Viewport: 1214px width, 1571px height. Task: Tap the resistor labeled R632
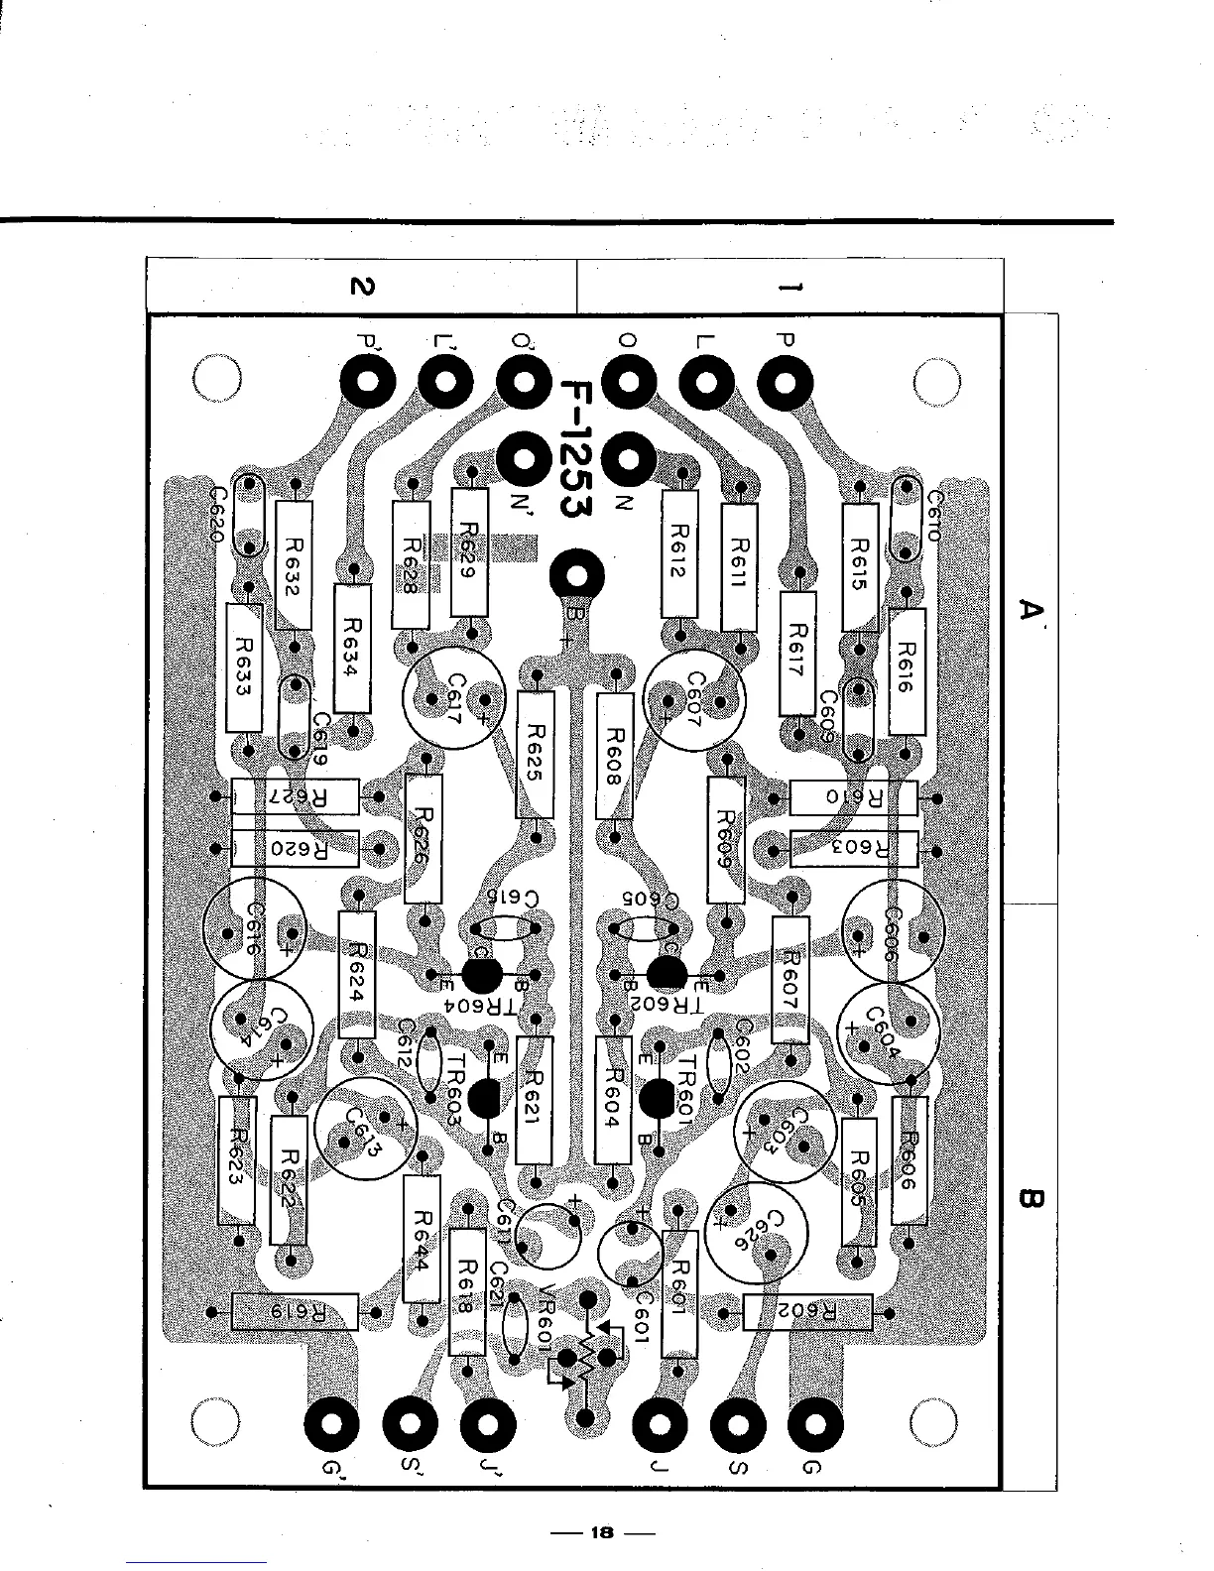(x=293, y=565)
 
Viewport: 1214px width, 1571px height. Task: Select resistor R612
(x=680, y=554)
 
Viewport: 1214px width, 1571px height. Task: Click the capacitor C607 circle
(x=693, y=695)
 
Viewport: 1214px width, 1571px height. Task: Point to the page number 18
(x=601, y=1532)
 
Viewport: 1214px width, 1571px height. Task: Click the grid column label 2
(x=363, y=287)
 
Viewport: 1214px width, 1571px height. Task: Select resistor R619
(x=294, y=1312)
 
